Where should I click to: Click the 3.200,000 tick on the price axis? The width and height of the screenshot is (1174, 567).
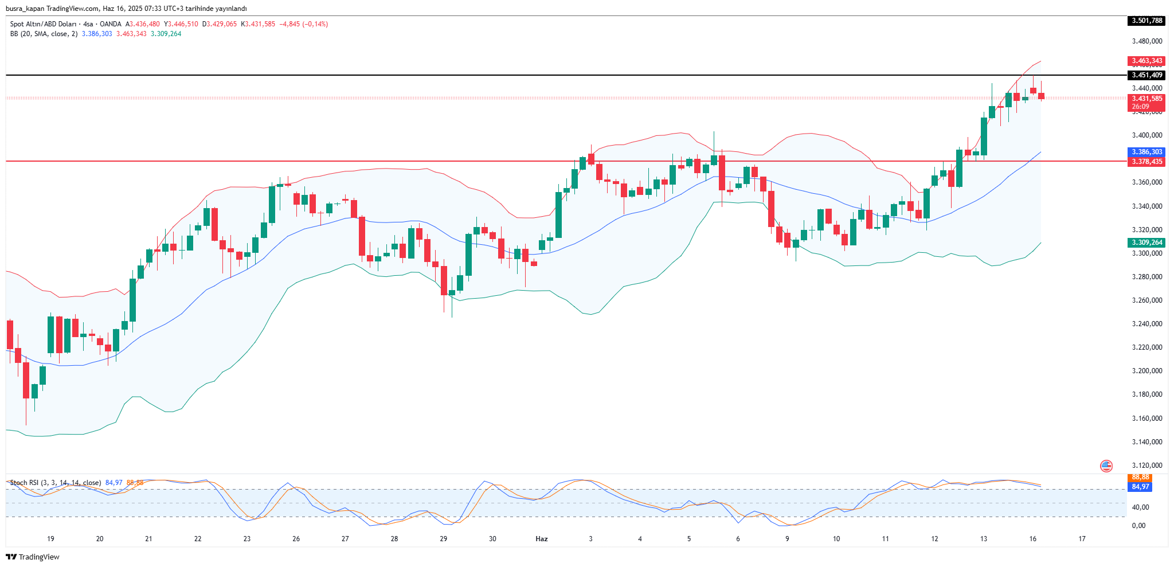[x=1146, y=371]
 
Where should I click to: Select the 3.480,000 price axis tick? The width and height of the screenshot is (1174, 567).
[x=1146, y=41]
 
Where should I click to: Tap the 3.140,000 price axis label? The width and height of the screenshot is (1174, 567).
[x=1146, y=442]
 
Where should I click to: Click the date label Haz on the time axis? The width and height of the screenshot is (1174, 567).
[x=542, y=539]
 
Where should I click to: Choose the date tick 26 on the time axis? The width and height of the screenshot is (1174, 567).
[x=296, y=539]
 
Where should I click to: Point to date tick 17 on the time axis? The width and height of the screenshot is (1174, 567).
[x=1082, y=539]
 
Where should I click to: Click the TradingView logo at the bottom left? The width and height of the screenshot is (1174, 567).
[x=33, y=557]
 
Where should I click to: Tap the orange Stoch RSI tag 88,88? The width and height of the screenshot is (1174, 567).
[x=1140, y=477]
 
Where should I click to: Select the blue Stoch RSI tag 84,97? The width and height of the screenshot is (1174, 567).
[x=1140, y=487]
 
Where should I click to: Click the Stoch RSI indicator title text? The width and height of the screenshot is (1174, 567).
[x=55, y=483]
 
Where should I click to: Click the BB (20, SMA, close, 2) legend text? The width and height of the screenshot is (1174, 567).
[x=44, y=34]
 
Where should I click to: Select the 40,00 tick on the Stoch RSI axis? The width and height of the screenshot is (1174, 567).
[x=1140, y=507]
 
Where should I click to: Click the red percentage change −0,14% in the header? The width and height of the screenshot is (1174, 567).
[x=315, y=24]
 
